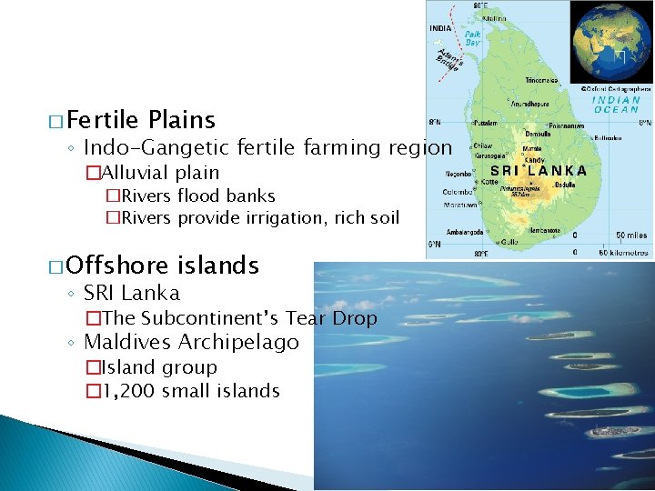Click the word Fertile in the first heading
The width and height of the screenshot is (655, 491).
pos(102,120)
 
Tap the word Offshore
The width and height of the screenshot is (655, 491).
pos(117,266)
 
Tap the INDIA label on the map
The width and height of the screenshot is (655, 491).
pos(440,27)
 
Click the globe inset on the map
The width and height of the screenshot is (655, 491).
pos(611,43)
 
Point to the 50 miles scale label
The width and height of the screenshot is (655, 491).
pos(629,235)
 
